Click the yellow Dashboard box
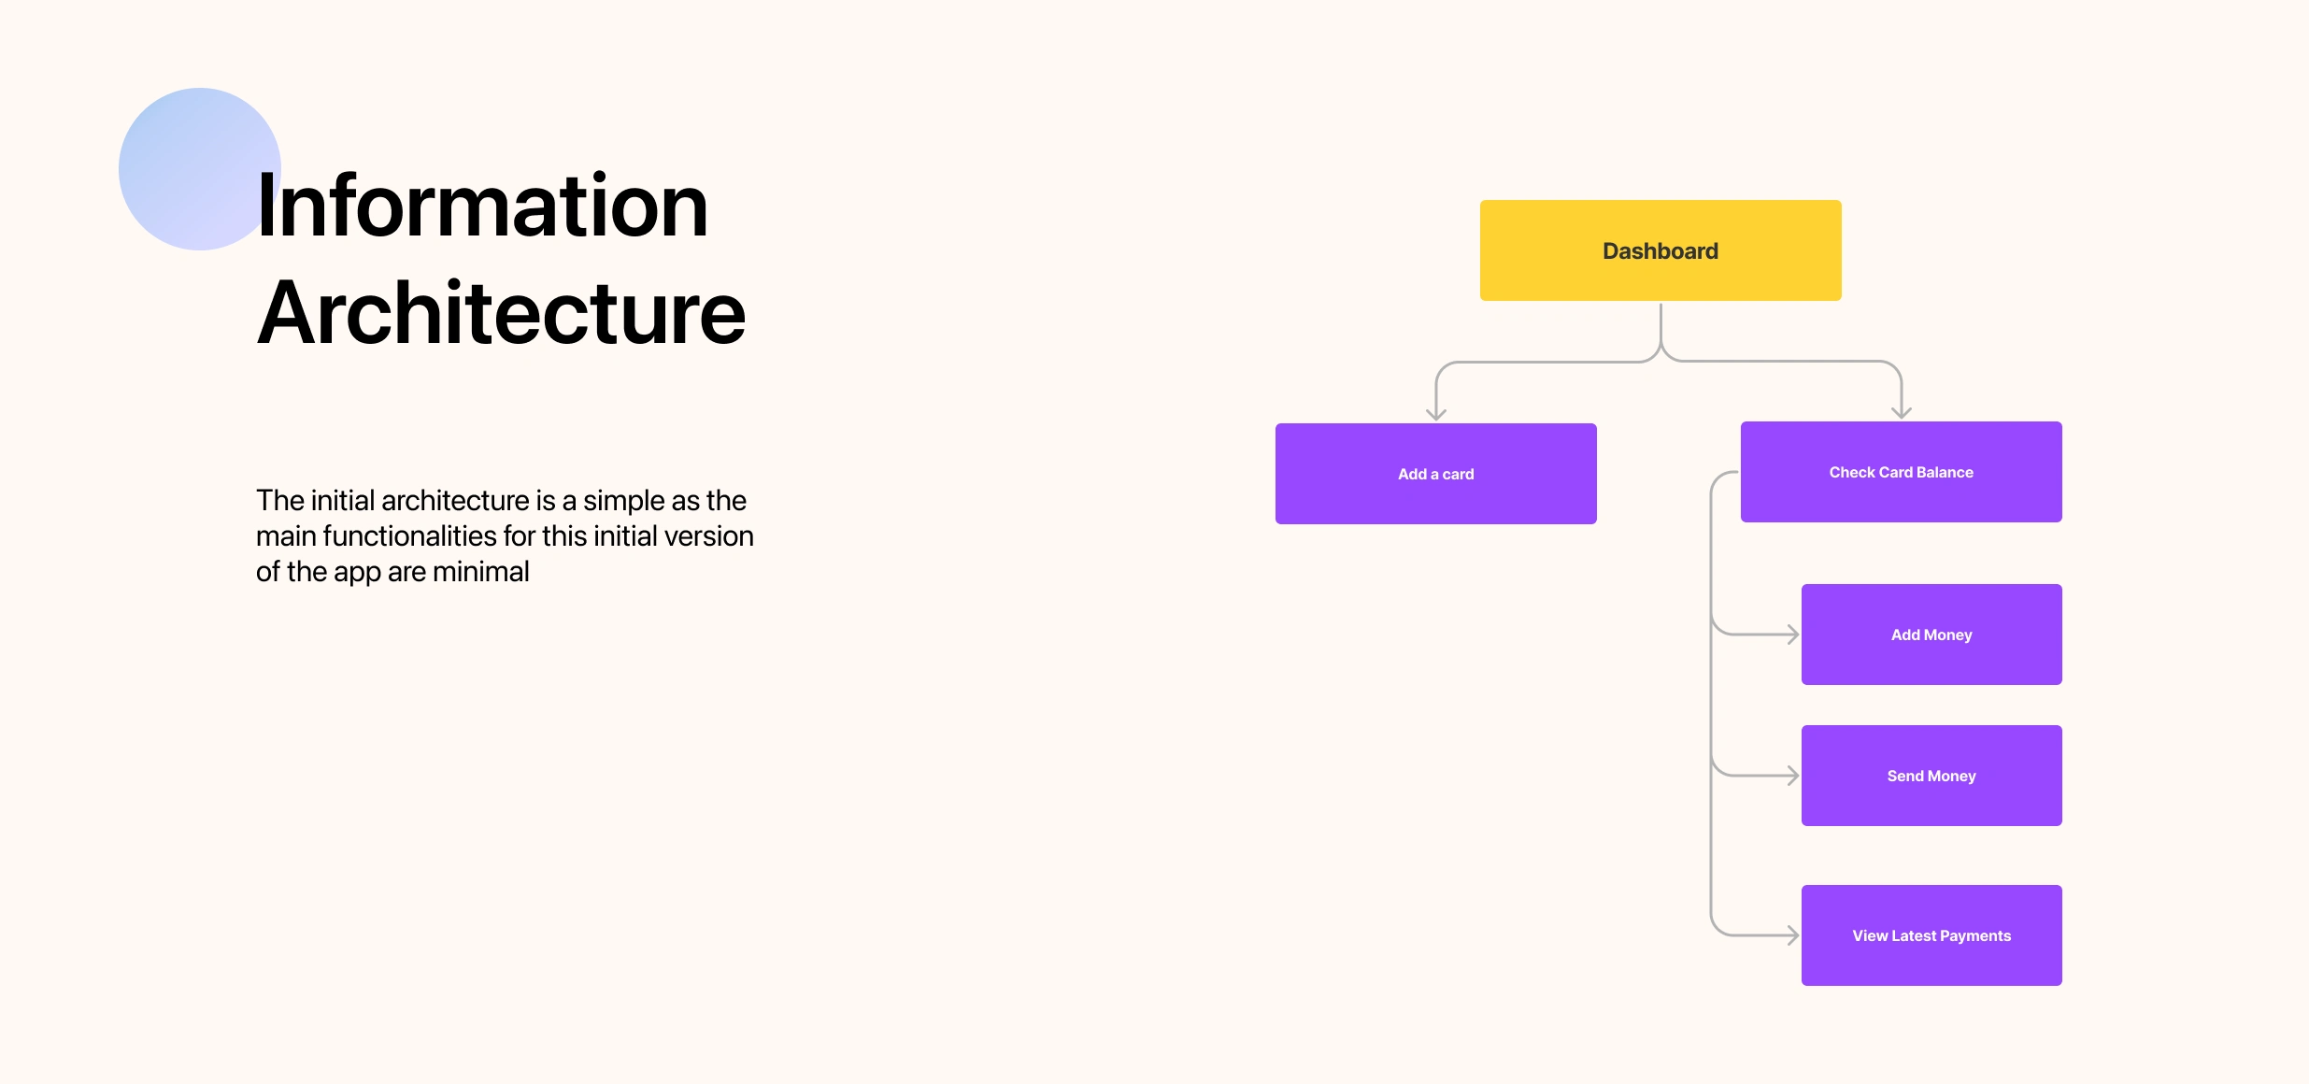coord(1660,250)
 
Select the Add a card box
coord(1436,474)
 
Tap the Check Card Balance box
coord(1902,472)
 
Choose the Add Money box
coord(1931,635)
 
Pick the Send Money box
coord(1931,776)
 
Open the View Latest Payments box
coord(1931,935)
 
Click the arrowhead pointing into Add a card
coord(1436,415)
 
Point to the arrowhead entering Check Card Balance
coord(1902,413)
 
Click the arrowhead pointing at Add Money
coord(1793,635)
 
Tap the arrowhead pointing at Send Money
coord(1793,776)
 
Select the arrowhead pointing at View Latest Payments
coord(1793,935)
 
